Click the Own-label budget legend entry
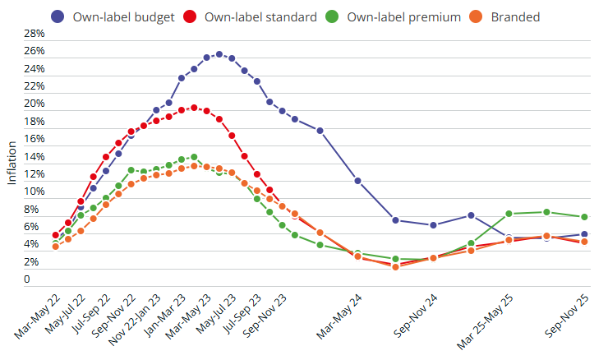point(110,16)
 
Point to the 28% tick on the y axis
point(35,34)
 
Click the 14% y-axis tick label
point(35,157)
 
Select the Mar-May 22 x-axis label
point(36,316)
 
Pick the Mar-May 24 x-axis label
point(339,316)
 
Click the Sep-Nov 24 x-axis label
point(414,316)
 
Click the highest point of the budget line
point(219,54)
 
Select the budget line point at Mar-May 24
point(358,181)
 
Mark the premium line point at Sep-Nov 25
point(585,217)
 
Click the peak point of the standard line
point(194,108)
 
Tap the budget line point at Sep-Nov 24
point(434,225)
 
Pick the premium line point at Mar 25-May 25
point(509,214)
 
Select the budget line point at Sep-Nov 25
point(585,234)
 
